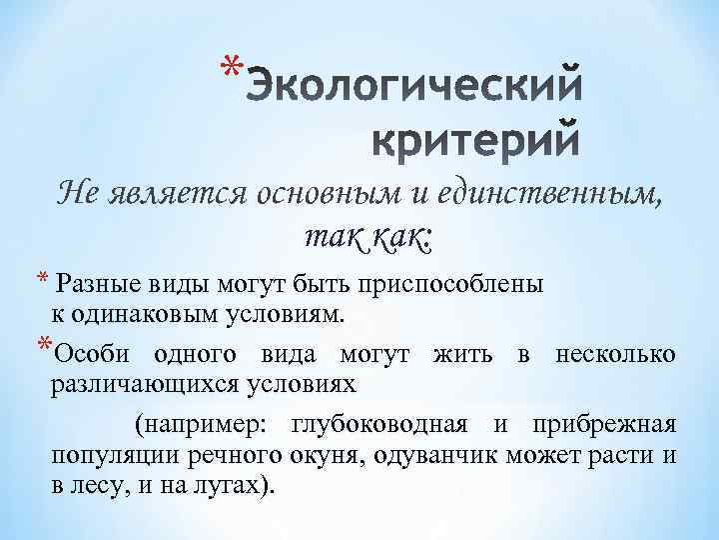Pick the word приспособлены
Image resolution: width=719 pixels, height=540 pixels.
[x=468, y=284]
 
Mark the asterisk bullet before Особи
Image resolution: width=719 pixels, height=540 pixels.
[x=42, y=349]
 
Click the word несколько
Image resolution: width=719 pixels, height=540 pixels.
[x=614, y=354]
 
